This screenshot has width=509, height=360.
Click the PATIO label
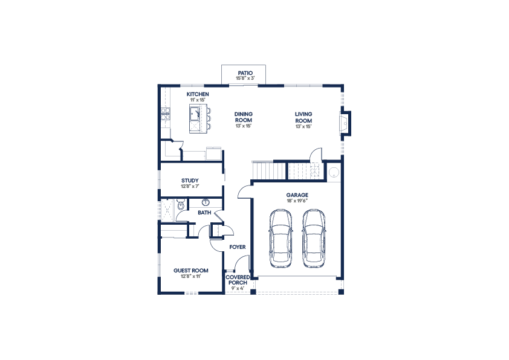coord(245,73)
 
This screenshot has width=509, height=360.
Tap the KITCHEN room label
coord(198,94)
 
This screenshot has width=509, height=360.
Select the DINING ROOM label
coord(244,117)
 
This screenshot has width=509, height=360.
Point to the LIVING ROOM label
coord(303,117)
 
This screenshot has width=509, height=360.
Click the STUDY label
coord(190,181)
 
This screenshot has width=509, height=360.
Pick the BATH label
coord(204,213)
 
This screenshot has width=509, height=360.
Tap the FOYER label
coord(238,247)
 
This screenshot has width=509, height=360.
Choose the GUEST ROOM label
coord(191,271)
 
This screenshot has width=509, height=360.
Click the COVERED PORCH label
coord(238,280)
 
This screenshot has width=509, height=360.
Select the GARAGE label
coord(297,195)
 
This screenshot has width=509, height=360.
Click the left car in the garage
coord(280,239)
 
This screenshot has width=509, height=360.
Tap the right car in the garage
coord(314,239)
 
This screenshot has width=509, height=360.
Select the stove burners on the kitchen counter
coord(165,114)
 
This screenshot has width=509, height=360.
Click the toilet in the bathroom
coord(181,205)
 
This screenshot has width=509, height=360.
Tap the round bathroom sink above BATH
coord(206,203)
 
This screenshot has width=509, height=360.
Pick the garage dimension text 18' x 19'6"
coord(297,201)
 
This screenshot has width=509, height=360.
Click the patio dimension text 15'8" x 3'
coord(245,78)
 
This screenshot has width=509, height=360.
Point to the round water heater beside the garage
coord(334,172)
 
